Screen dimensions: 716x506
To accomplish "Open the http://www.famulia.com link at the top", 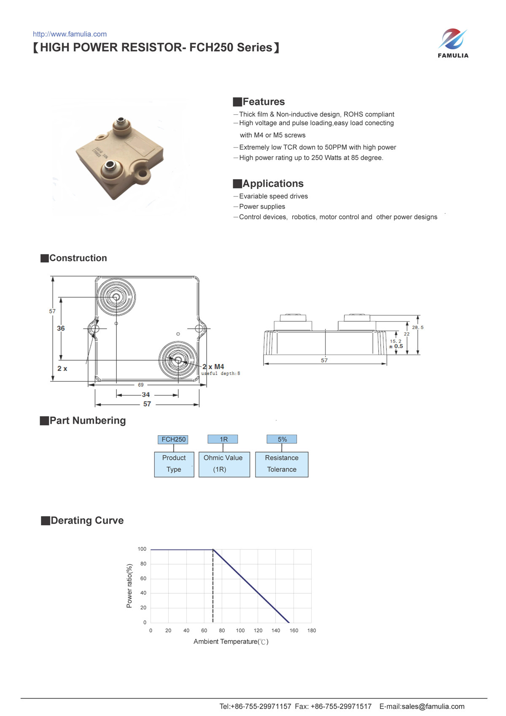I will coord(70,34).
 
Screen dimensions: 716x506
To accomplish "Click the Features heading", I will coord(264,102).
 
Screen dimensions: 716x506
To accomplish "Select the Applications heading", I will coord(273,183).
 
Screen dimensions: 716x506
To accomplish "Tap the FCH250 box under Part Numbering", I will coord(173,439).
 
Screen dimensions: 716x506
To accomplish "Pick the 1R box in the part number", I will coord(223,439).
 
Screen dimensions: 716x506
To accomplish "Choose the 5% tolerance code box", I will coord(282,439).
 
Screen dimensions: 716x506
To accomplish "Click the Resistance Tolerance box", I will coord(282,464).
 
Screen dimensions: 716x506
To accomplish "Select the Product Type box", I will coord(174,464).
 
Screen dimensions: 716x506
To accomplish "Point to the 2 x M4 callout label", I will coord(213,367).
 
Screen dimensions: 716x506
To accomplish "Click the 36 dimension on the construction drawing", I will coord(61,328).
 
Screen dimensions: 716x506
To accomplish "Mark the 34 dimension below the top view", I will coord(146,395).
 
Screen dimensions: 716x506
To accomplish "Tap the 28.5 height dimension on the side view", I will coord(417,327).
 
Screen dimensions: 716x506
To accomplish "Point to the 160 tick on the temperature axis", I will coord(294,630).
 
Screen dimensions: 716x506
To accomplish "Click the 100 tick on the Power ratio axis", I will coord(142,549).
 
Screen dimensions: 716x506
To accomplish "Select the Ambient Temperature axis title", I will coord(231,642).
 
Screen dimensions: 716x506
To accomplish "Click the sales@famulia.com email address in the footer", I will coord(433,706).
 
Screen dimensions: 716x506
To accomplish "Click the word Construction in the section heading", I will coord(78,258).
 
